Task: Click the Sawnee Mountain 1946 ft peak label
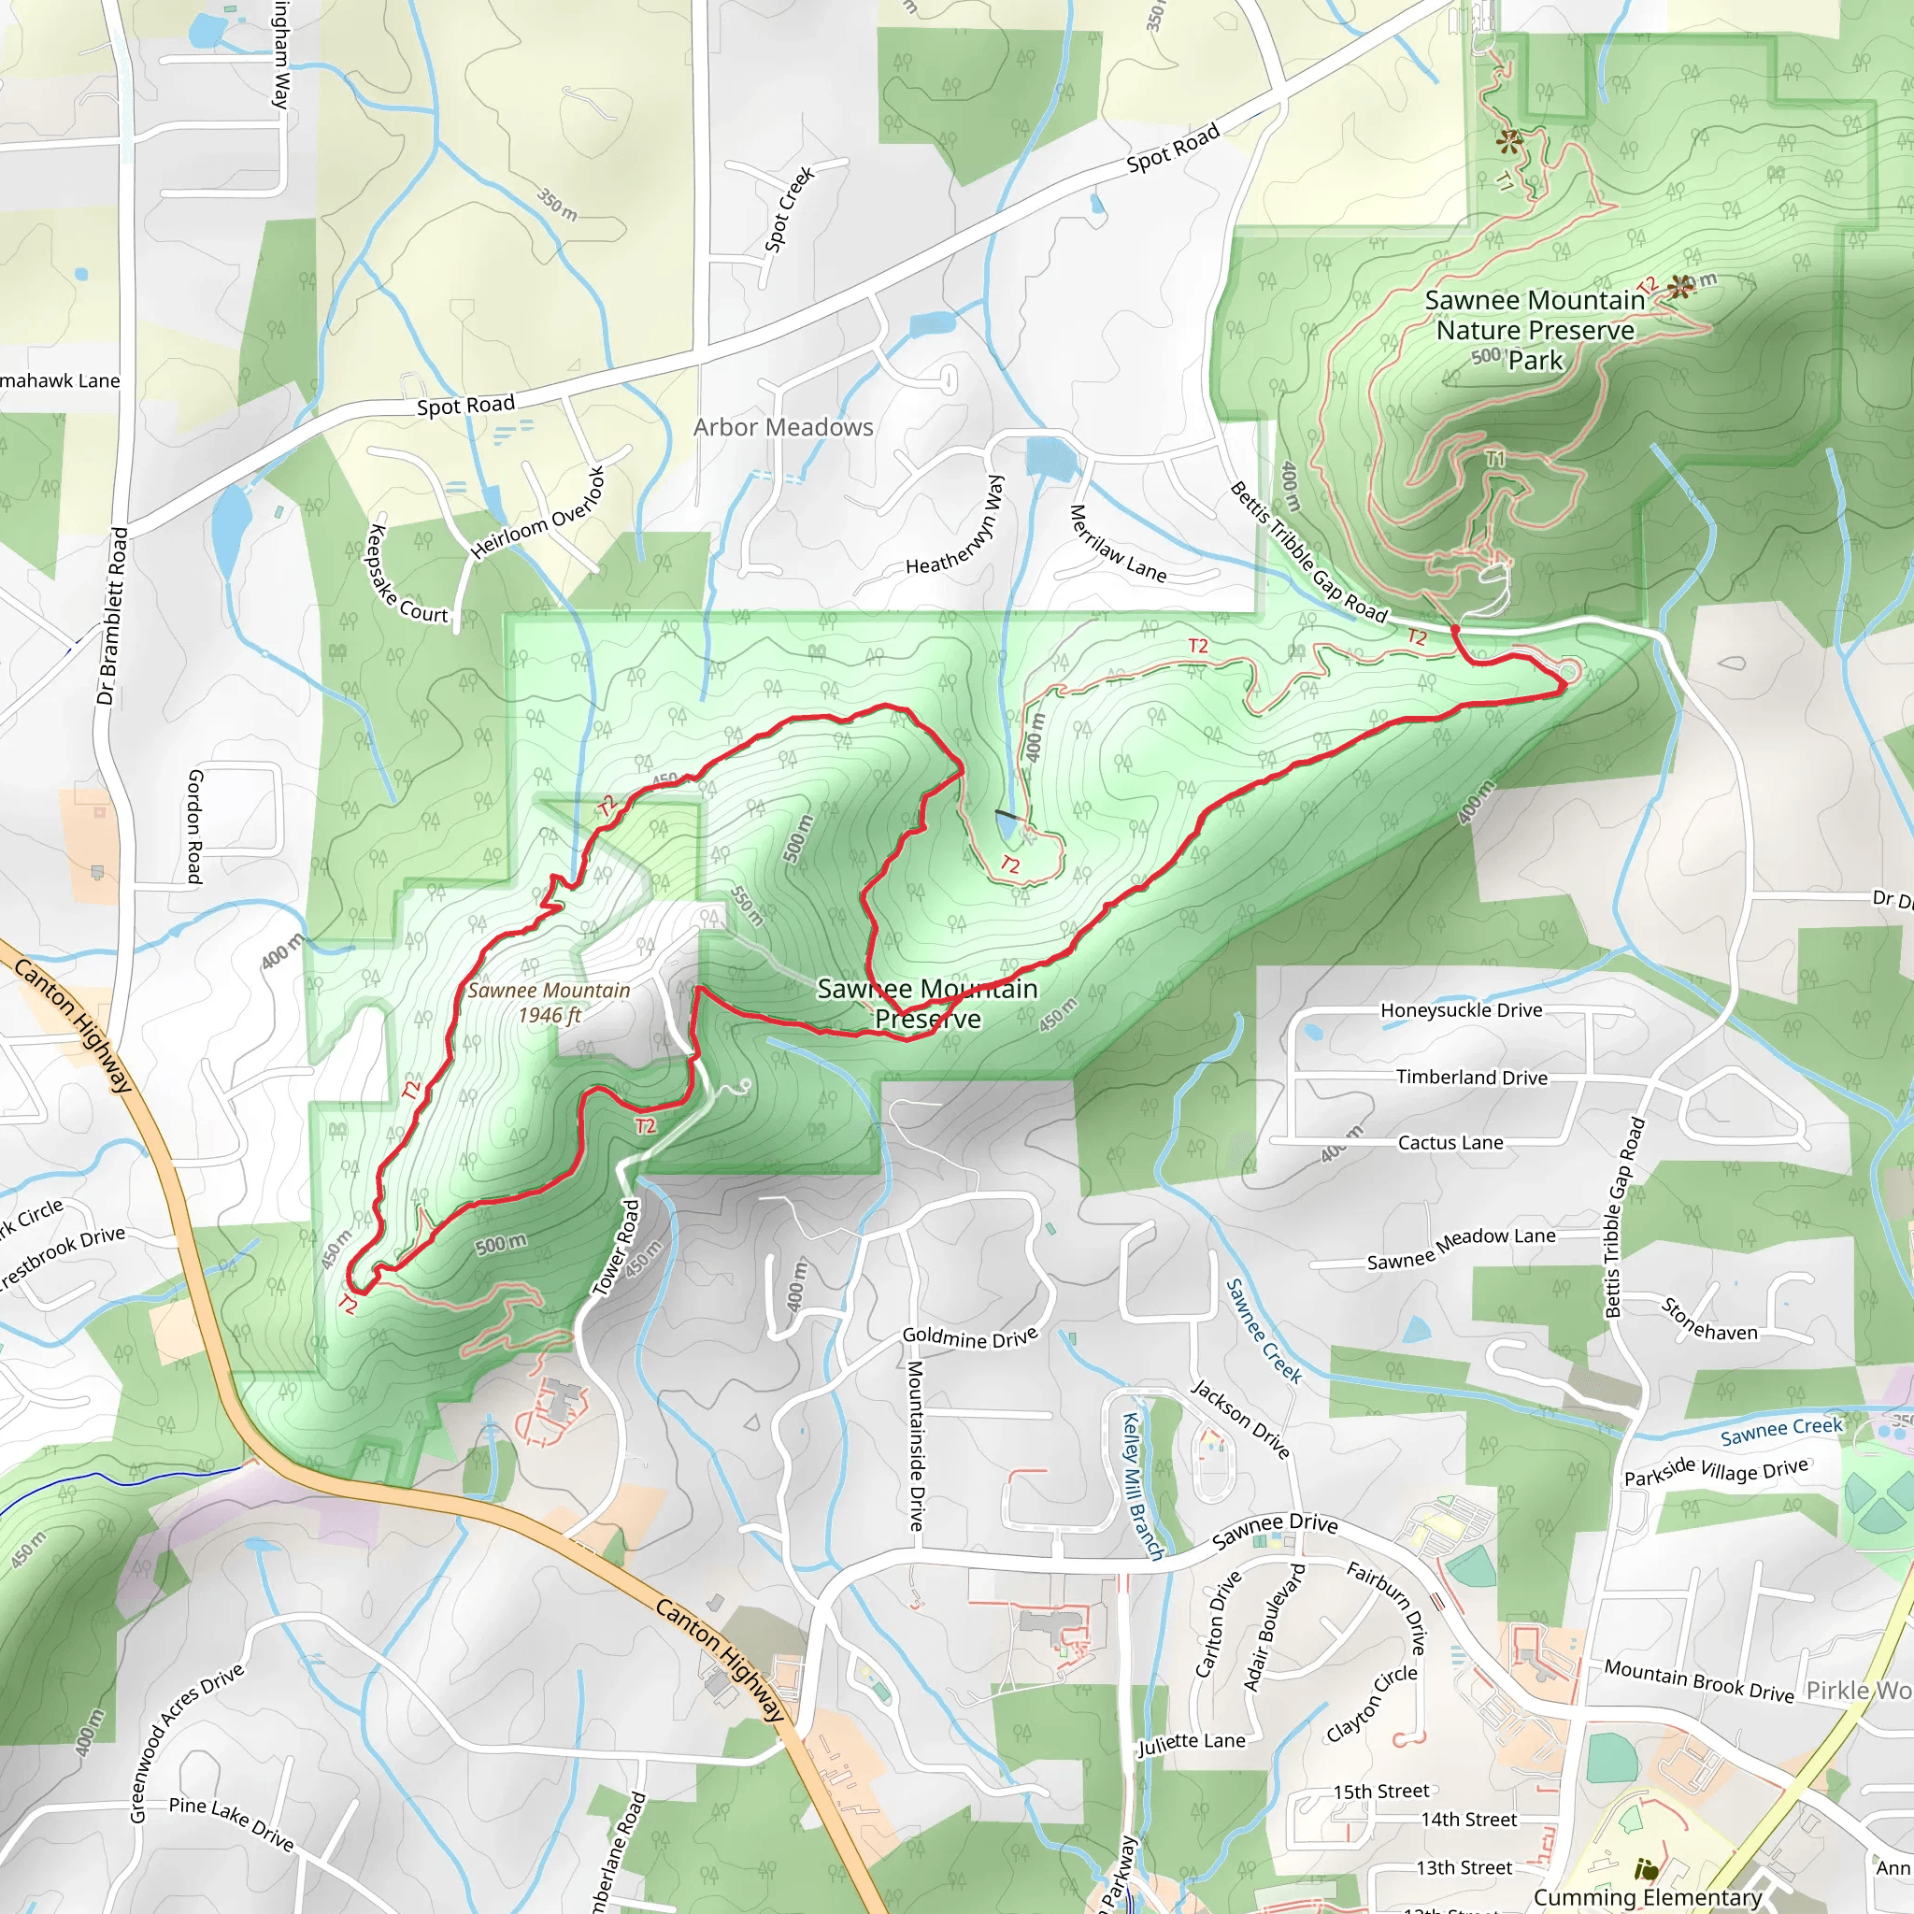(549, 1003)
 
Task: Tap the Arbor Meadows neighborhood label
(782, 427)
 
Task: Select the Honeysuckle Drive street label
(1462, 1010)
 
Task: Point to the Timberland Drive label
(1471, 1077)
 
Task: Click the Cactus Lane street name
(1450, 1142)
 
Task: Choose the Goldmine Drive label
(970, 1337)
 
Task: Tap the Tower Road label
(616, 1249)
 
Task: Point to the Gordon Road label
(195, 826)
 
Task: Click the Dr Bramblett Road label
(112, 616)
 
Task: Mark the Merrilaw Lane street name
(1117, 544)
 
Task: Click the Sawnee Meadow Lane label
(1462, 1249)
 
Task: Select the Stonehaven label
(1709, 1320)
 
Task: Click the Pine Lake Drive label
(231, 1822)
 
